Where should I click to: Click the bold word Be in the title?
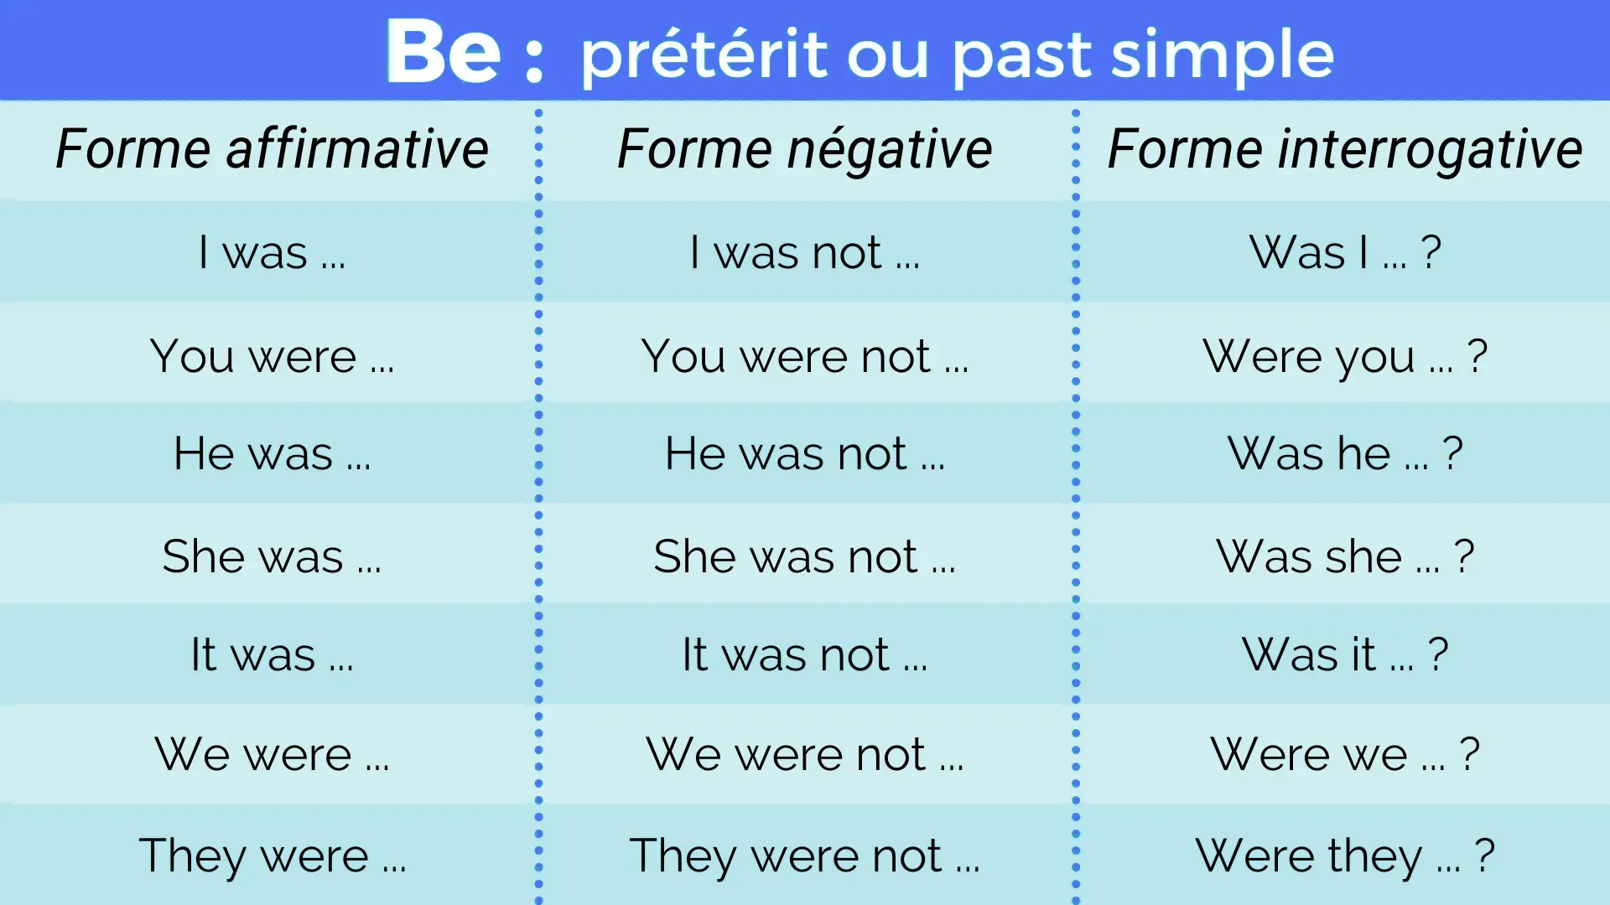443,52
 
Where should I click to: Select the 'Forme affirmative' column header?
272,149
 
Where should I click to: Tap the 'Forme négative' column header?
805,149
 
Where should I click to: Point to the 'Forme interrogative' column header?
1345,149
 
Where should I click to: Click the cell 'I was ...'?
272,252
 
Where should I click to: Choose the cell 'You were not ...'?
805,356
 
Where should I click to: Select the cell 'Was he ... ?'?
1345,453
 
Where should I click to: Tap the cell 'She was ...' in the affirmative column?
272,556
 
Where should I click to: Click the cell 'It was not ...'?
805,654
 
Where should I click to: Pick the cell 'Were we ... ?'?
1345,754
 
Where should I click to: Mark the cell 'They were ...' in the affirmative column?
272,856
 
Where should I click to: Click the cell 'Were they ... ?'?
1345,856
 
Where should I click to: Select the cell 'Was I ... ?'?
1345,252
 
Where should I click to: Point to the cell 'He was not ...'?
805,453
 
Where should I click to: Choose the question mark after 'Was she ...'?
1464,556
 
